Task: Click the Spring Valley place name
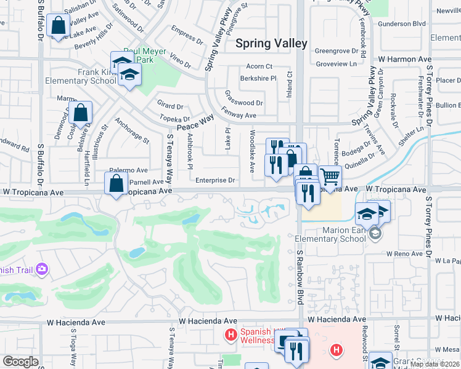[x=271, y=43]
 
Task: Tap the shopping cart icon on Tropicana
[x=330, y=177]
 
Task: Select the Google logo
[x=20, y=362]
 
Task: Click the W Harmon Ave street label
[x=405, y=60]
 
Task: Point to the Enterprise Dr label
[x=215, y=180]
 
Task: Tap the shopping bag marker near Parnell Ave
[x=116, y=183]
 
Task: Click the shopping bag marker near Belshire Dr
[x=81, y=113]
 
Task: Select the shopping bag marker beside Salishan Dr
[x=59, y=25]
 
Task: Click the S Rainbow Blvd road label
[x=300, y=277]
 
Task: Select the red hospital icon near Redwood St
[x=336, y=351]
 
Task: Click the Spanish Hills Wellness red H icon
[x=230, y=335]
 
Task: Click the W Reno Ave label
[x=405, y=253]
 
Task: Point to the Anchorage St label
[x=132, y=130]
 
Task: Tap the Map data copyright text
[x=434, y=364]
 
